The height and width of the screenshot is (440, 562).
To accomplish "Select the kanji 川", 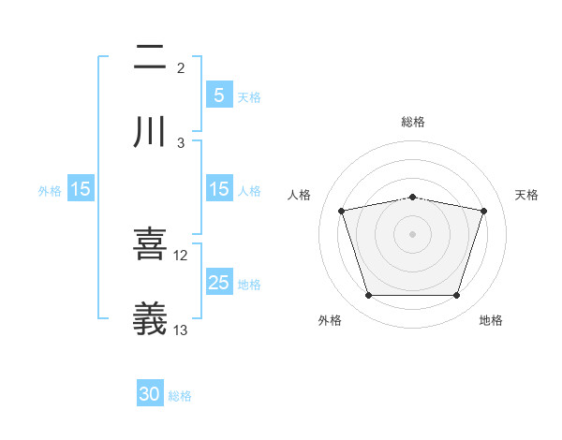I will pyautogui.click(x=150, y=131).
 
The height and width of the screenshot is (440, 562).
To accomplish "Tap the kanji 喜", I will pyautogui.click(x=150, y=243).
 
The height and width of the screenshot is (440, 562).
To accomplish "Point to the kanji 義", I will pyautogui.click(x=150, y=318).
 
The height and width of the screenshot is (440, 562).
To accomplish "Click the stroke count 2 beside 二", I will pyautogui.click(x=181, y=67).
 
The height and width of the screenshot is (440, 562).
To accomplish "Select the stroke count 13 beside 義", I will pyautogui.click(x=181, y=330).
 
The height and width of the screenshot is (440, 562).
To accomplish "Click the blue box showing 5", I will pyautogui.click(x=218, y=95).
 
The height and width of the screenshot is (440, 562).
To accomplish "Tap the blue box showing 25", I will pyautogui.click(x=218, y=283).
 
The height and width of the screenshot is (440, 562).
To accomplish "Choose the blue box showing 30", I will pyautogui.click(x=150, y=394).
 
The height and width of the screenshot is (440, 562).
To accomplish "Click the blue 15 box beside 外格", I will pyautogui.click(x=80, y=189).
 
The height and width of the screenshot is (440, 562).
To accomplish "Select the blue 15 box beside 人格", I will pyautogui.click(x=218, y=189).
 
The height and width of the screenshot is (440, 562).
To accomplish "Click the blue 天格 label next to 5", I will pyautogui.click(x=249, y=96).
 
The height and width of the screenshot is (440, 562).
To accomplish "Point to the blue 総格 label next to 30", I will pyautogui.click(x=180, y=396).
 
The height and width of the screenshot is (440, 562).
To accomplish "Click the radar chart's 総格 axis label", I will pyautogui.click(x=413, y=122).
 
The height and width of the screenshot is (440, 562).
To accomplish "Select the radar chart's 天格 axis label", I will pyautogui.click(x=527, y=195).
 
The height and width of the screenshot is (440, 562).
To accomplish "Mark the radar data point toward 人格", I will pyautogui.click(x=342, y=211).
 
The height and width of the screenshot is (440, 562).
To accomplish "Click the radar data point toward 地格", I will pyautogui.click(x=456, y=296).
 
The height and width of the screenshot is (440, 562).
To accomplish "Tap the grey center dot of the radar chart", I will pyautogui.click(x=413, y=234).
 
